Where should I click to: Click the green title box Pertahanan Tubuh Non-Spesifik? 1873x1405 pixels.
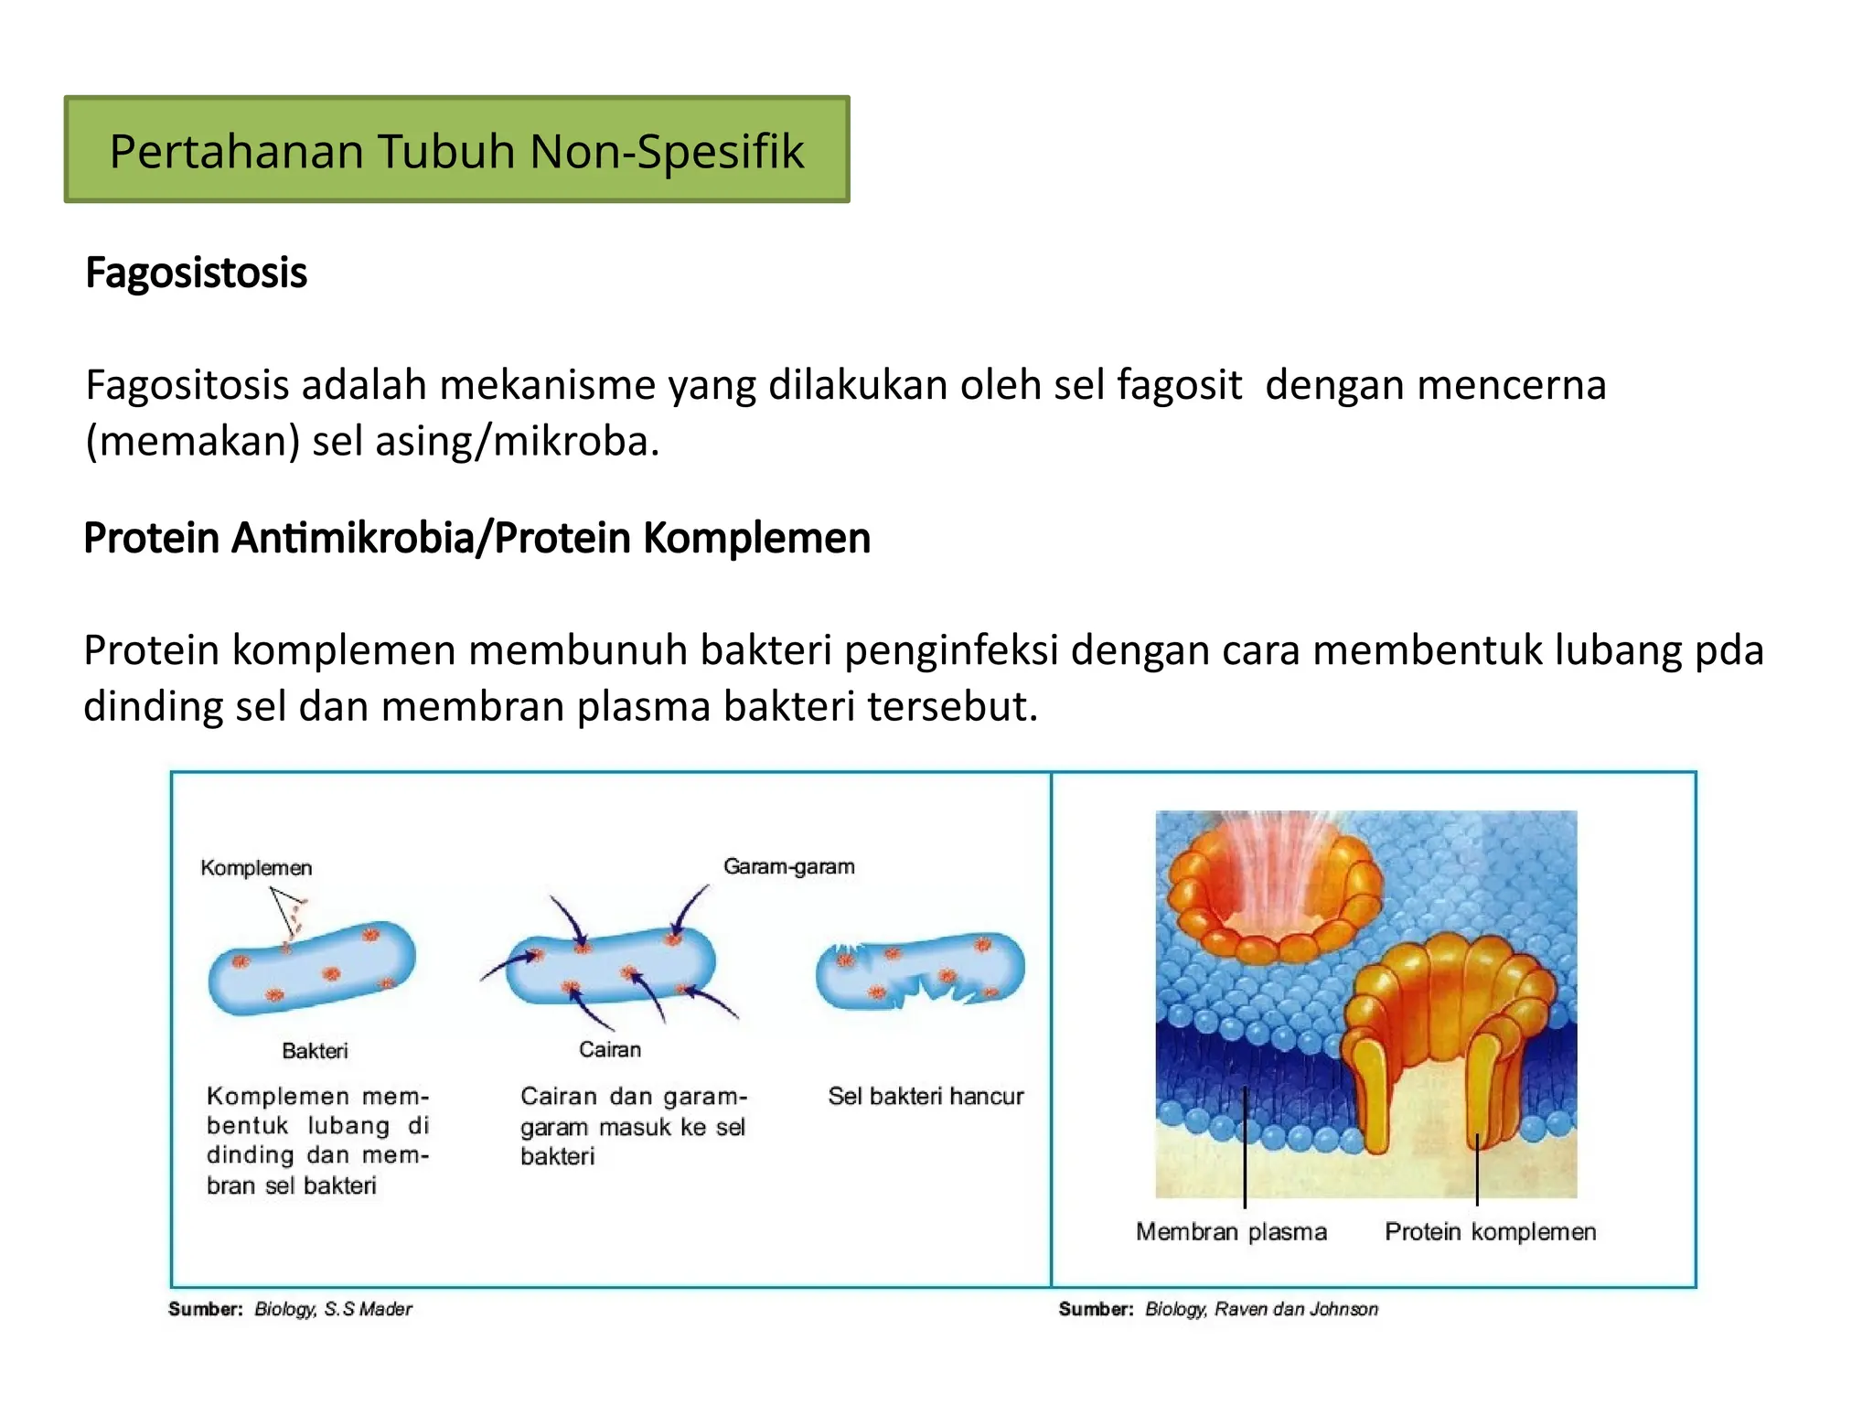[x=456, y=150]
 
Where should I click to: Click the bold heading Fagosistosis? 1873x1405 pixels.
[x=196, y=273]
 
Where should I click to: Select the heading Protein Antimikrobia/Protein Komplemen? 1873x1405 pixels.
[x=476, y=538]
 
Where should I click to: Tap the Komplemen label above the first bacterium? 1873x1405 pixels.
[x=256, y=867]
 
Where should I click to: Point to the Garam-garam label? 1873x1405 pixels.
[x=788, y=865]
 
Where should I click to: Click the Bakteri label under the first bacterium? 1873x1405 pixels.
[x=315, y=1050]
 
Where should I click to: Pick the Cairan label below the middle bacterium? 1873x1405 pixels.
[x=610, y=1049]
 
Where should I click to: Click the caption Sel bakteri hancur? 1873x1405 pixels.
[x=926, y=1096]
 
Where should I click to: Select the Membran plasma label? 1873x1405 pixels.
[x=1231, y=1231]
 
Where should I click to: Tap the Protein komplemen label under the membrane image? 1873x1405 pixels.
[x=1490, y=1231]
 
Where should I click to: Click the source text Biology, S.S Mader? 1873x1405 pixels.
[x=333, y=1309]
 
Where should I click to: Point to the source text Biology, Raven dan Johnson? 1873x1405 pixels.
[x=1261, y=1309]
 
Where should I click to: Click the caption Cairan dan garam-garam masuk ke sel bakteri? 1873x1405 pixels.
[x=633, y=1126]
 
